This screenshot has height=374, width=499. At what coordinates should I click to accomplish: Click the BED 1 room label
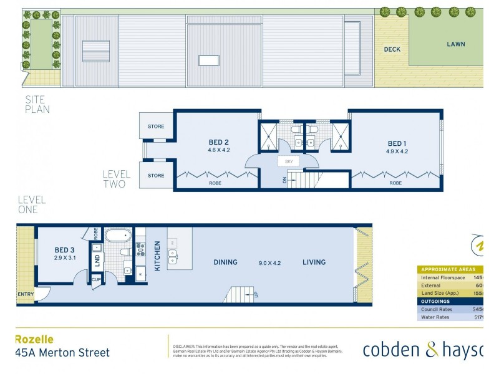(x=397, y=143)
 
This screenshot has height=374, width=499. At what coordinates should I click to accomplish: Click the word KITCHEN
(x=157, y=256)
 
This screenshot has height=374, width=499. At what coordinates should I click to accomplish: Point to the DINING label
(x=225, y=262)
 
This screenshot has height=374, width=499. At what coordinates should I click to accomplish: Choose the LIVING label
(x=314, y=262)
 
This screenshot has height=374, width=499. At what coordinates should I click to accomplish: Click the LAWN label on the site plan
(x=456, y=44)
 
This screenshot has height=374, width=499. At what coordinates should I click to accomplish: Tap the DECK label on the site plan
(x=392, y=49)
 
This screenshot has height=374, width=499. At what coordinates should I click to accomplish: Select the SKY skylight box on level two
(x=289, y=161)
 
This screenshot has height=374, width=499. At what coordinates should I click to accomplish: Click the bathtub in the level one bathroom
(x=118, y=236)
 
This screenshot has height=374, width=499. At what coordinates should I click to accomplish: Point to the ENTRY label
(x=26, y=294)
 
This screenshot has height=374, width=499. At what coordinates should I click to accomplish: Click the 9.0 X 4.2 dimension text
(x=269, y=262)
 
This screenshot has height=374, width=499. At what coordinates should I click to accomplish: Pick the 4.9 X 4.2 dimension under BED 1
(x=397, y=151)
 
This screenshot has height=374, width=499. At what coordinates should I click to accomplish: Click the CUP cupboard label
(x=96, y=280)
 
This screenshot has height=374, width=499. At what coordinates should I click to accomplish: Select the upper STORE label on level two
(x=156, y=127)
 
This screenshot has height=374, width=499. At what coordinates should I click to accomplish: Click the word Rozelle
(x=34, y=339)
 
